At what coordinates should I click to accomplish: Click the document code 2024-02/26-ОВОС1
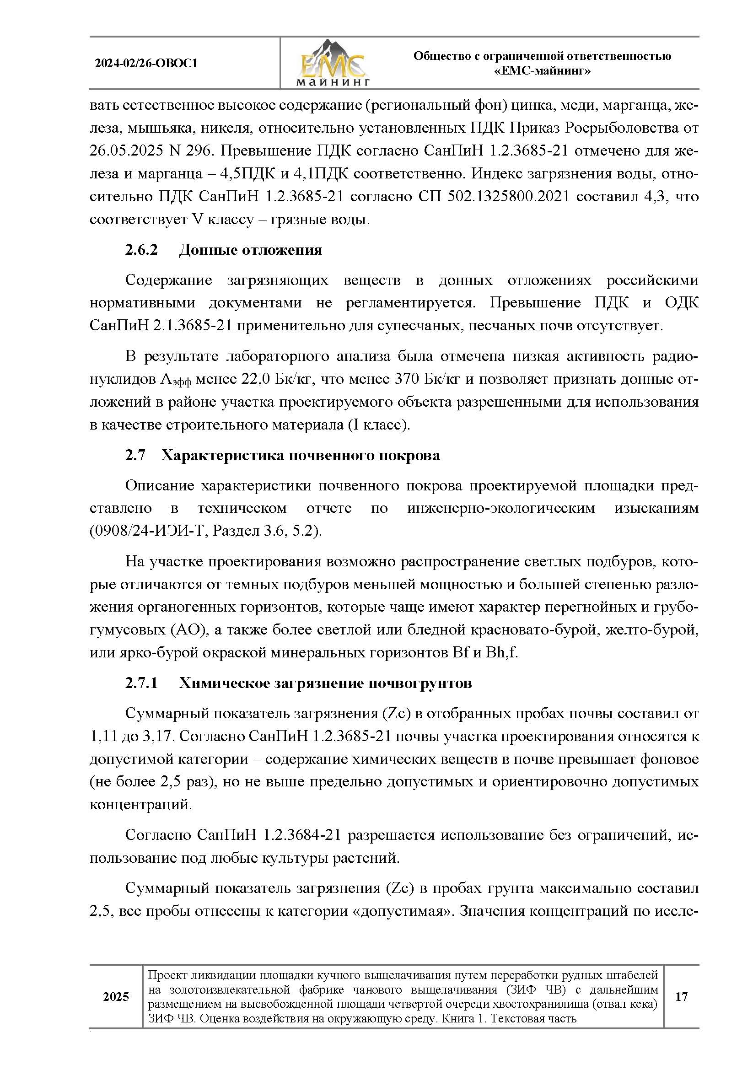tap(146, 64)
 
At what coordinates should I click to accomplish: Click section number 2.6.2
tap(141, 250)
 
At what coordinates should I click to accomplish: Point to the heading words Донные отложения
tap(251, 250)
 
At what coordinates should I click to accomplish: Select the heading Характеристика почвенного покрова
tap(301, 455)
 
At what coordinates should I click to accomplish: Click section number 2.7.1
tap(141, 683)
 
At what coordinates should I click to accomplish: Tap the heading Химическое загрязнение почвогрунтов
tap(325, 683)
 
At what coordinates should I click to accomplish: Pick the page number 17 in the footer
tap(681, 997)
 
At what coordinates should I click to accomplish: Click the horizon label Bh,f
tap(501, 653)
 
